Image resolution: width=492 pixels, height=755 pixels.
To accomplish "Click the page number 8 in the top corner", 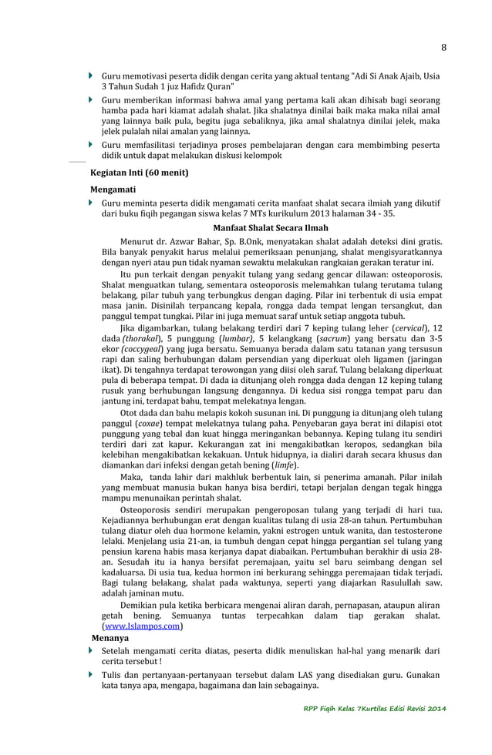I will pos(443,47).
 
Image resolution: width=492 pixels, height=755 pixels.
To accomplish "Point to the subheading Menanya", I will pos(110,639).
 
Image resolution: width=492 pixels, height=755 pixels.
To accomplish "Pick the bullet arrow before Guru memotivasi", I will pos(91,76).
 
